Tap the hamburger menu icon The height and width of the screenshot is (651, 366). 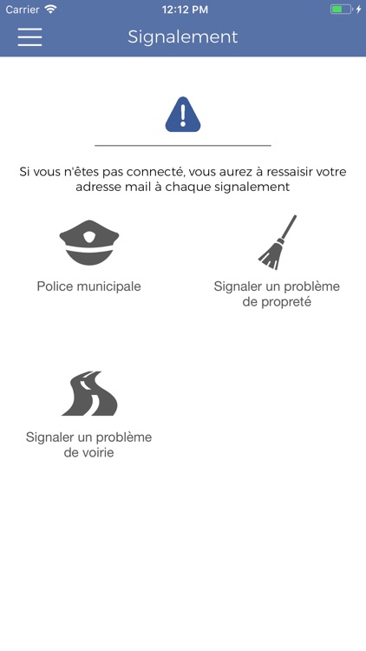[29, 37]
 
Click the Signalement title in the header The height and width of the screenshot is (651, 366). [183, 37]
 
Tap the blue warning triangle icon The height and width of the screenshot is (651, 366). [183, 115]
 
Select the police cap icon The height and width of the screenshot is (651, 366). [89, 242]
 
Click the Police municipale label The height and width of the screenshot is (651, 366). [88, 286]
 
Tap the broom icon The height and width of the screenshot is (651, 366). [278, 242]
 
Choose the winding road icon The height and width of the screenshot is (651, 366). [89, 393]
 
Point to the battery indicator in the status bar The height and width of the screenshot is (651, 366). [341, 10]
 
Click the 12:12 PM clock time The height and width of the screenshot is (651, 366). [185, 10]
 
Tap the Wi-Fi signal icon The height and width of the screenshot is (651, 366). [50, 10]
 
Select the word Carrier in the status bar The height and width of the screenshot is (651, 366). [23, 10]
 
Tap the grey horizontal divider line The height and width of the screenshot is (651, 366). [183, 146]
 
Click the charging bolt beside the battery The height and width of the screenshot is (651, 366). [358, 10]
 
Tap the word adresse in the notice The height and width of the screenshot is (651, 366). [99, 187]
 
